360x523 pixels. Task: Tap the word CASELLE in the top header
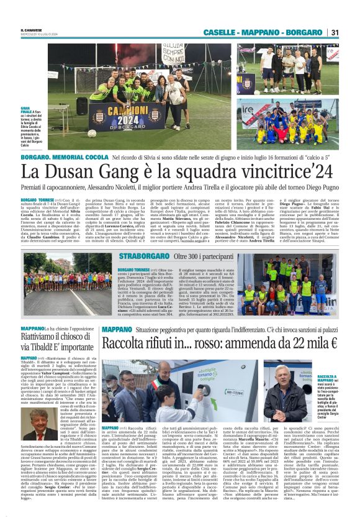pos(235,32)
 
